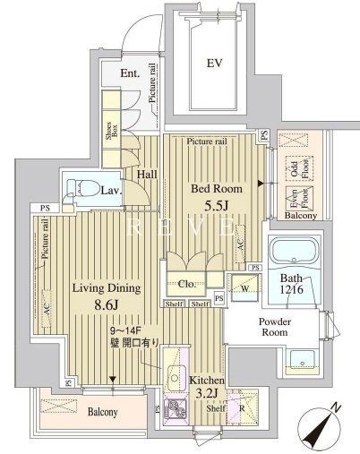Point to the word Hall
[147, 176]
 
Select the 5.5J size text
[215, 207]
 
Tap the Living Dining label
[106, 289]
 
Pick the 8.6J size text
[107, 307]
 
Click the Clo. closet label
[176, 284]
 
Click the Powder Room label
[274, 328]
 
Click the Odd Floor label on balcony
[293, 168]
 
